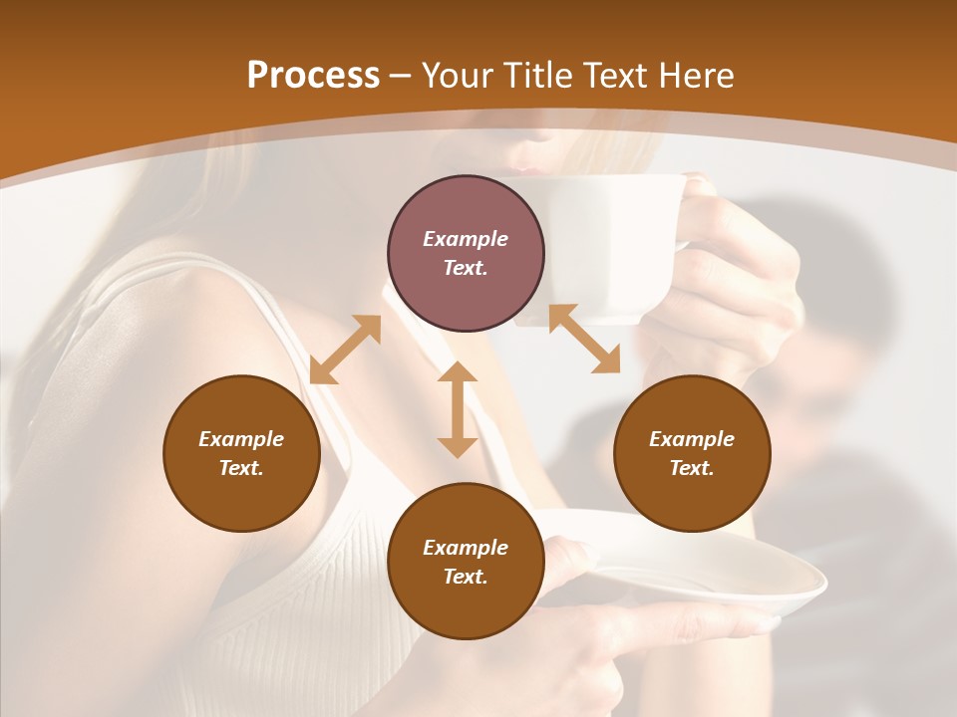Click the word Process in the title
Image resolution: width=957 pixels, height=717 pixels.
pos(313,76)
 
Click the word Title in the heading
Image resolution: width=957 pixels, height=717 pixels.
pos(537,76)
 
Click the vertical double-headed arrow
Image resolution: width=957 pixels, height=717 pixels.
pos(458,409)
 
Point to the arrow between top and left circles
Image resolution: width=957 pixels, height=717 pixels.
pos(345,350)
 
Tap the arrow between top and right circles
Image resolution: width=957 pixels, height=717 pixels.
pos(583,339)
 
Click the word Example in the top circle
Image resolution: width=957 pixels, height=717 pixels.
pos(466,239)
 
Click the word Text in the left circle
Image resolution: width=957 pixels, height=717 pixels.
pos(241,468)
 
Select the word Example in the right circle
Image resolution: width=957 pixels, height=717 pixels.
pos(692,439)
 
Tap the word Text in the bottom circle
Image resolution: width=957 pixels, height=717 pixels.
pos(466,577)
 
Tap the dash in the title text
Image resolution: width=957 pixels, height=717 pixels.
pos(401,76)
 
